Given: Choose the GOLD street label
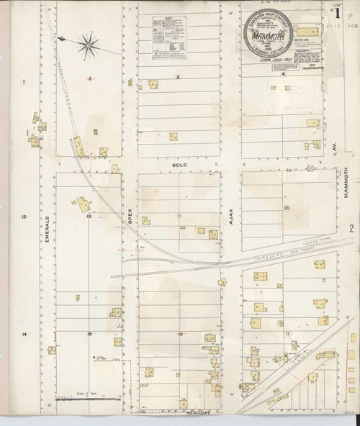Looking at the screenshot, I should [x=179, y=165].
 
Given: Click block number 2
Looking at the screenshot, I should [x=90, y=77].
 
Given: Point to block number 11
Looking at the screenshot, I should [x=179, y=215].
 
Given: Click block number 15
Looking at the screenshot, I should [x=89, y=334].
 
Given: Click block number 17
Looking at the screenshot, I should [x=286, y=334].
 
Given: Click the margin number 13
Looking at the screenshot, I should [x=24, y=217].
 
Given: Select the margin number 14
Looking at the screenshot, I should [x=24, y=335].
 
